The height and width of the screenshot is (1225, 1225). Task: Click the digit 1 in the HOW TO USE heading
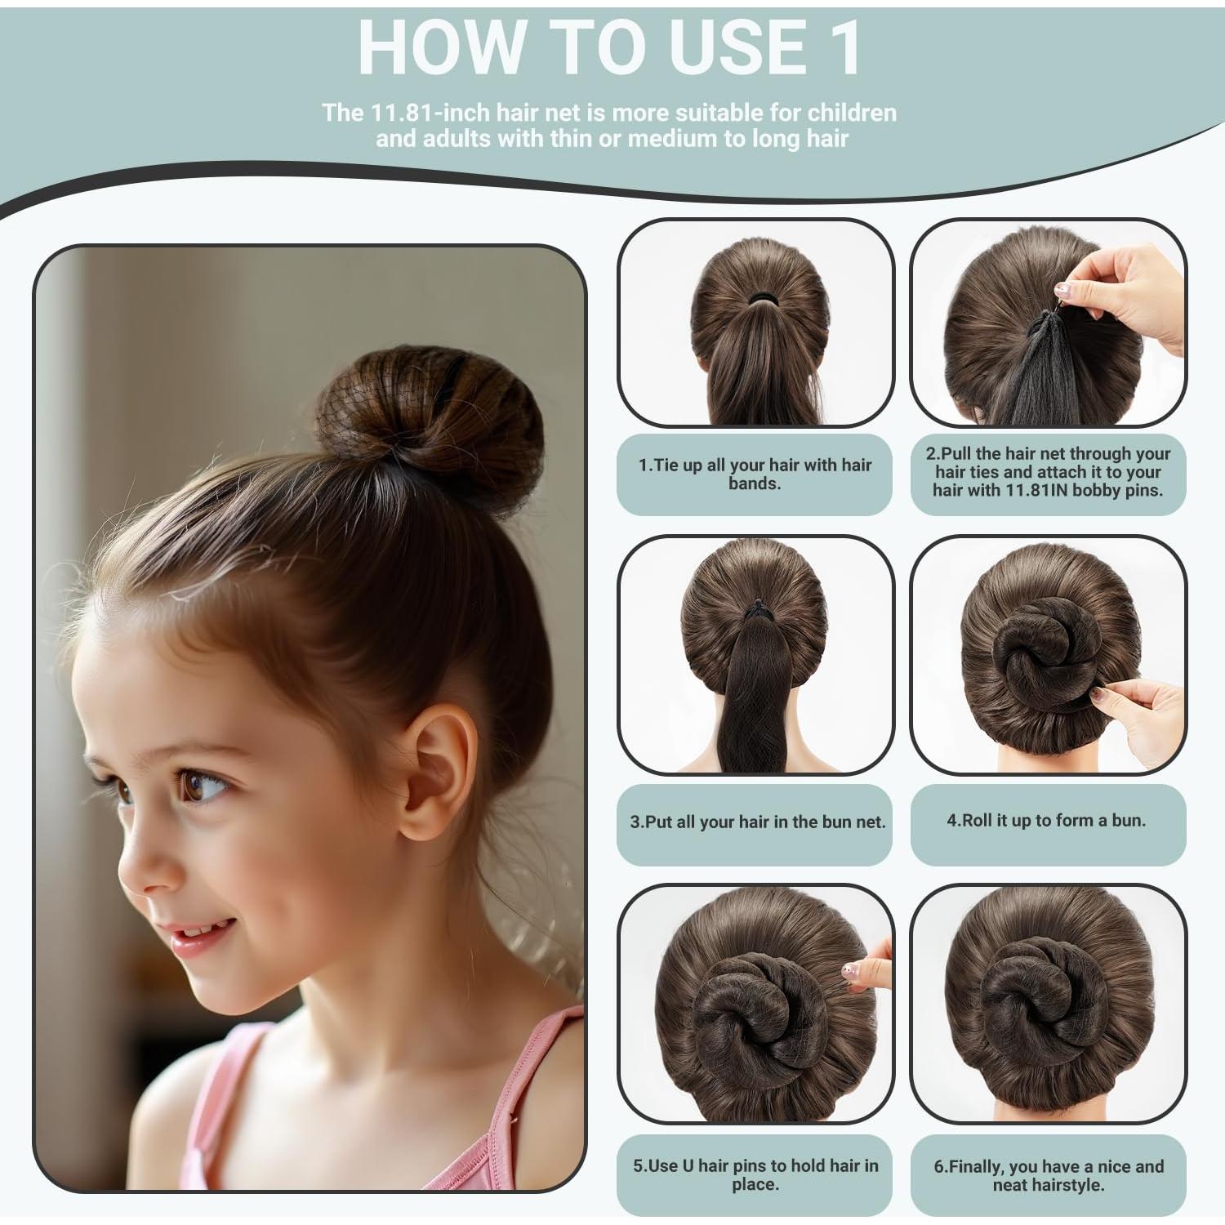[x=842, y=47]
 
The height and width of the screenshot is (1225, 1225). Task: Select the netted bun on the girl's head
[x=429, y=425]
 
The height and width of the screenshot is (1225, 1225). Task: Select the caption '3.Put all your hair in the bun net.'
[x=757, y=822]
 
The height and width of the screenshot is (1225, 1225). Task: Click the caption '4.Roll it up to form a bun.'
[x=1046, y=821]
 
